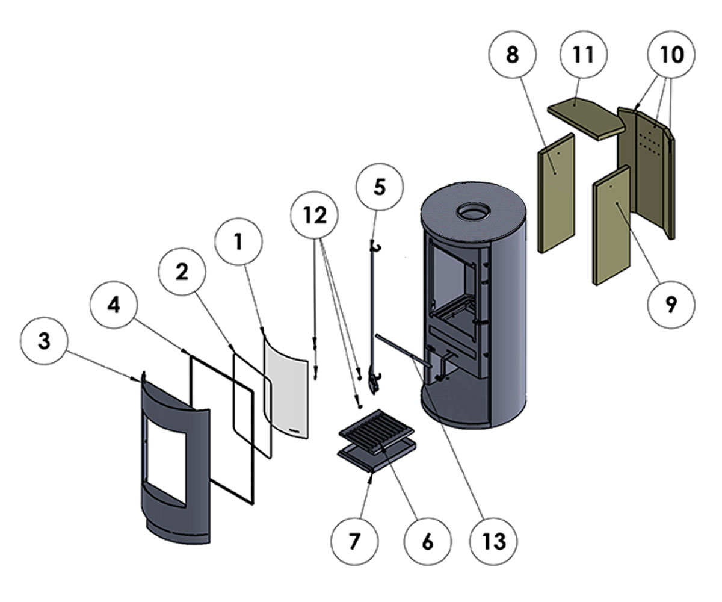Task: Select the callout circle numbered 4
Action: (114, 306)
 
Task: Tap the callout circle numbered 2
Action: (182, 272)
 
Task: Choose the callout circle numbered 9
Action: (671, 305)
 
